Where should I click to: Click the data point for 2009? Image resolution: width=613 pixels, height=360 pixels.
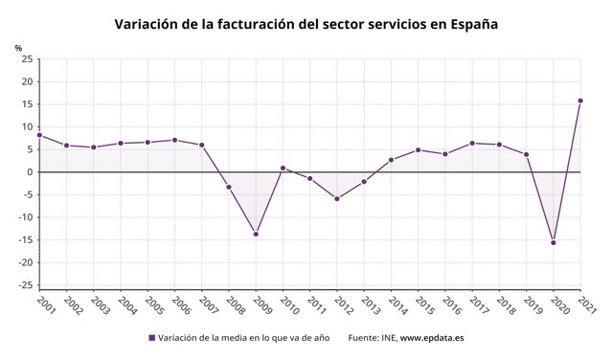click(x=256, y=234)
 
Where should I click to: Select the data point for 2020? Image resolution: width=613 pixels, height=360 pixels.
click(x=554, y=242)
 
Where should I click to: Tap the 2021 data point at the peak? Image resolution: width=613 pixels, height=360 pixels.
click(x=580, y=101)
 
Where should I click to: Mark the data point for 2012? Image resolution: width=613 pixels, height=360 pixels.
click(x=337, y=199)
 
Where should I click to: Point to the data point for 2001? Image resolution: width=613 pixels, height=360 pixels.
click(x=39, y=135)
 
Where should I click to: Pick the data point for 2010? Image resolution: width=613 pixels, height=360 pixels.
click(x=283, y=168)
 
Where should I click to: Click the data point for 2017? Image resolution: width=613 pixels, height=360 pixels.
click(x=472, y=143)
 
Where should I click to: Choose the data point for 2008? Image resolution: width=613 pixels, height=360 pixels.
click(x=229, y=187)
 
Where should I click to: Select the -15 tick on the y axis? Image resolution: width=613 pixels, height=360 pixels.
click(x=26, y=240)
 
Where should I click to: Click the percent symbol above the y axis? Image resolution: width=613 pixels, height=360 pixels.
click(x=18, y=47)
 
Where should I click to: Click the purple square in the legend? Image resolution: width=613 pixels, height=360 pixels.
click(x=151, y=338)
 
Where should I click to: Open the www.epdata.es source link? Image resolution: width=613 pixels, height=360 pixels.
click(x=432, y=338)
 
